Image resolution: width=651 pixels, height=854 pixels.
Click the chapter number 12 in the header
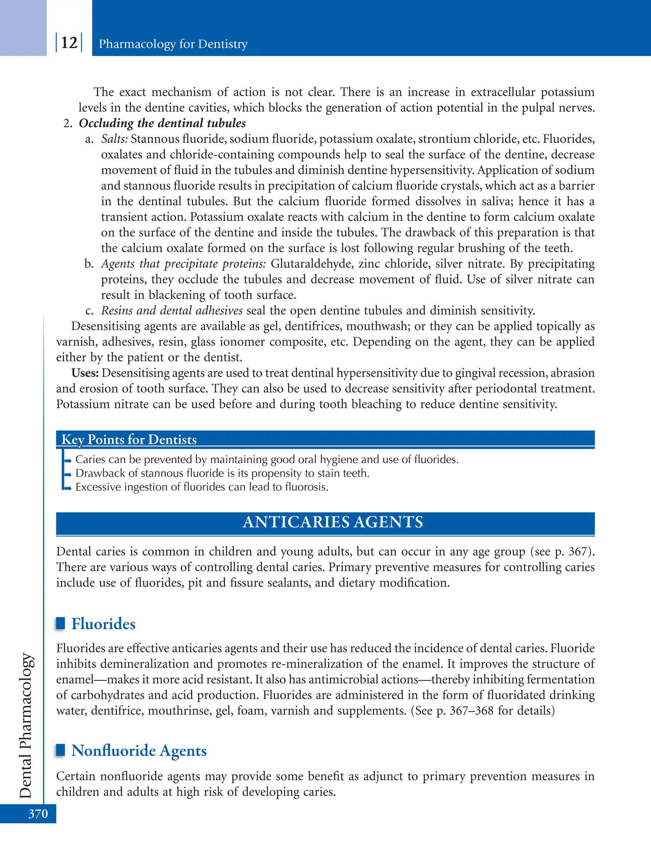(x=69, y=43)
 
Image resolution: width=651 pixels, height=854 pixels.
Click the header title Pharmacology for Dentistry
(x=173, y=44)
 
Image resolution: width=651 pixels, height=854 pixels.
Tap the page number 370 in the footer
(x=38, y=813)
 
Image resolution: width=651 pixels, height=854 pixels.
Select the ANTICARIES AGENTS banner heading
(x=332, y=522)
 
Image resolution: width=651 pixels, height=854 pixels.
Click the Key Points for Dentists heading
(x=129, y=439)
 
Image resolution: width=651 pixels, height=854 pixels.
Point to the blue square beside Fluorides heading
(x=60, y=623)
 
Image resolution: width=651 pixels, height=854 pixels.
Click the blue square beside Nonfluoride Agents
(x=60, y=750)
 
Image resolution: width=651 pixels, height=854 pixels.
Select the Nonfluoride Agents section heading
(x=139, y=751)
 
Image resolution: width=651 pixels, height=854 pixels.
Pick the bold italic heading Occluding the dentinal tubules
(x=162, y=123)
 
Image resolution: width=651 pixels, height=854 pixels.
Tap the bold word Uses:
(x=85, y=373)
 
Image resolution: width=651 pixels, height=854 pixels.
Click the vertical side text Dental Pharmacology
(x=26, y=725)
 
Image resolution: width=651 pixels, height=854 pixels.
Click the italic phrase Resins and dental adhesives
(x=172, y=311)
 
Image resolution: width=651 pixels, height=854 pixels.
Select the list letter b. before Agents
(x=89, y=264)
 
